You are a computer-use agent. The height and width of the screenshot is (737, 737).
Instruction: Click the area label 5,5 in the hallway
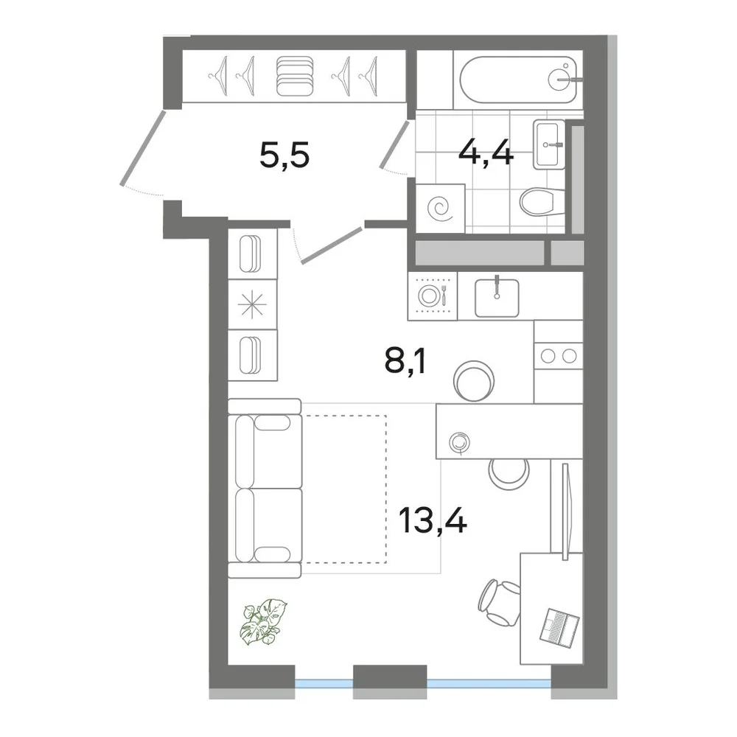coord(284,156)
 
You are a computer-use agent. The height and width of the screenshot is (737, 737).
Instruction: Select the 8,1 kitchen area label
coord(405,361)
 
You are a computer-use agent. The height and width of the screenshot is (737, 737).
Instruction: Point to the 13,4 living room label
coord(433,520)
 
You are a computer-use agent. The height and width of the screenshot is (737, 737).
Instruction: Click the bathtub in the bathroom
coord(518,80)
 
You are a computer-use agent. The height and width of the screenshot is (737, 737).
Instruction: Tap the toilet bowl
coord(542,202)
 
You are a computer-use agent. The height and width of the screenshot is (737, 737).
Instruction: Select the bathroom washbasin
coord(549,144)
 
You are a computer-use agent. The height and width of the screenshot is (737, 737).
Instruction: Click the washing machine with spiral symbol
coord(441,209)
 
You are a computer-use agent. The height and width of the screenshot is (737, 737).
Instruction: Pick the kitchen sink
coord(497,298)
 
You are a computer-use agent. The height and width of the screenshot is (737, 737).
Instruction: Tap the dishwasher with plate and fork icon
coord(433,296)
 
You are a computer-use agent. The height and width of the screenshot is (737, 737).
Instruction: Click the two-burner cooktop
coord(559,356)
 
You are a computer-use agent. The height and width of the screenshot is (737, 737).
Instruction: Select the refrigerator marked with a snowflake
coord(252,304)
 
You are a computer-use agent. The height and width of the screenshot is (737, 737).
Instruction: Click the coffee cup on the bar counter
coord(459,442)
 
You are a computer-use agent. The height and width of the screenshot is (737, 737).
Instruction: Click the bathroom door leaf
coord(394,144)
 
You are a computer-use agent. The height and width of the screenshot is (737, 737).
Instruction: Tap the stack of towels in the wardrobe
coord(295,76)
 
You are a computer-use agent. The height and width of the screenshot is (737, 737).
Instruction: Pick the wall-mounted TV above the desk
coord(565,511)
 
